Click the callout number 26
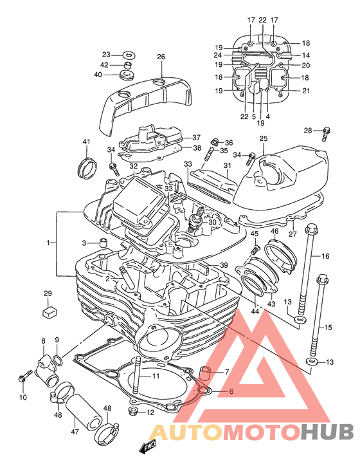point(161,57)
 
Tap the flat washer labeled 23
point(129,55)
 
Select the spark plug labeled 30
point(196,218)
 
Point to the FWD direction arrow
point(148,447)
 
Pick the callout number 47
point(75,431)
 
